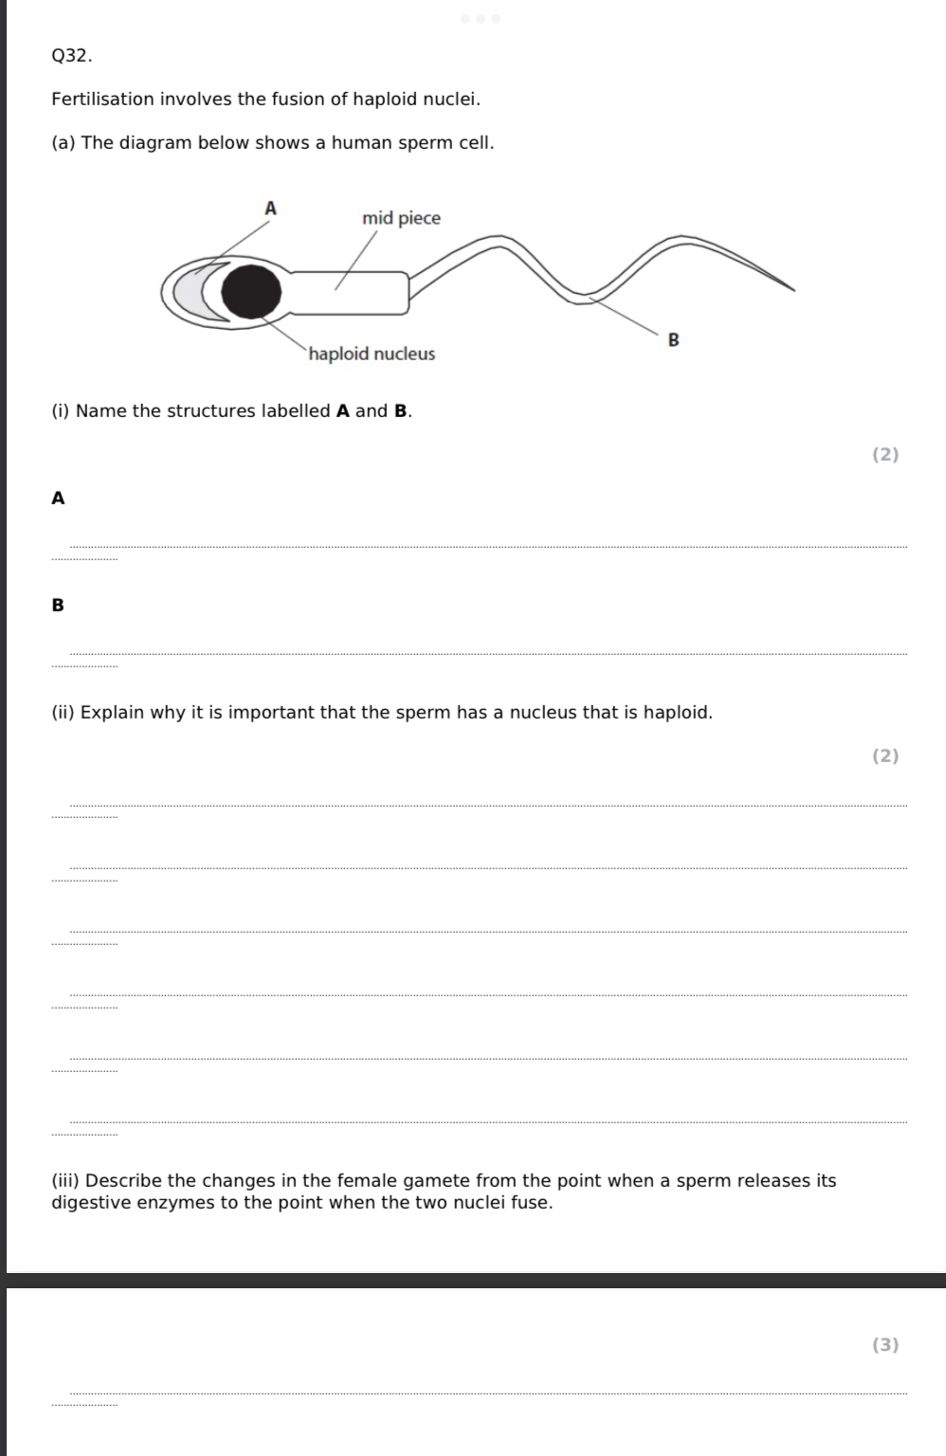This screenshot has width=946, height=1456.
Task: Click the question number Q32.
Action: pyautogui.click(x=71, y=56)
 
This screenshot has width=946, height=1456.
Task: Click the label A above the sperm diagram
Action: pyautogui.click(x=270, y=208)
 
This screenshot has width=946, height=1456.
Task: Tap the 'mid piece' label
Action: pyautogui.click(x=401, y=219)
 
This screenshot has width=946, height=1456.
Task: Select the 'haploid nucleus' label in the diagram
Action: pyautogui.click(x=372, y=354)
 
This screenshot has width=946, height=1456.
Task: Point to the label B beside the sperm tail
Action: pyautogui.click(x=674, y=338)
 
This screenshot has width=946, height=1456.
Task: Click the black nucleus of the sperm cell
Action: pyautogui.click(x=252, y=291)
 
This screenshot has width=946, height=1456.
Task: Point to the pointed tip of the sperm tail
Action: pyautogui.click(x=790, y=289)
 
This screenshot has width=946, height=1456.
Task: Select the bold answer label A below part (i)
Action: pyautogui.click(x=58, y=499)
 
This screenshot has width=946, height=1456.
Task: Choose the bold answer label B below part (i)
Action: pyautogui.click(x=58, y=605)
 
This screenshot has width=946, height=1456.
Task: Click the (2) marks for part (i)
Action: pyautogui.click(x=884, y=455)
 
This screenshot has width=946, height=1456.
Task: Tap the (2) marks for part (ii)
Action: pyautogui.click(x=884, y=756)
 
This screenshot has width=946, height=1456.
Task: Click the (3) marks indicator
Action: pyautogui.click(x=884, y=1344)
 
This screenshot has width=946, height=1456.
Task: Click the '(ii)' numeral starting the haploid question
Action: pyautogui.click(x=63, y=713)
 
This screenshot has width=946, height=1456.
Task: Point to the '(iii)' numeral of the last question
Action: pyautogui.click(x=65, y=1181)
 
